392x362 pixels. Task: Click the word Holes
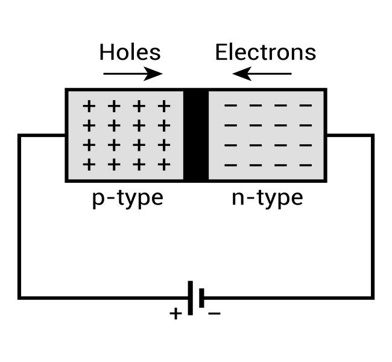(130, 52)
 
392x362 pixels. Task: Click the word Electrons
(265, 52)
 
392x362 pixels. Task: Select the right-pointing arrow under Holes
(133, 74)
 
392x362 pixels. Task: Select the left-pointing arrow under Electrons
(262, 74)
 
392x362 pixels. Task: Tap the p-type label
(127, 198)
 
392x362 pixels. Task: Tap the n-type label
(267, 198)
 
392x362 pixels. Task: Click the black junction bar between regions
(195, 136)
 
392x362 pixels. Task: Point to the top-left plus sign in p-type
(89, 106)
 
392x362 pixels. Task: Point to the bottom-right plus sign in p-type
(163, 164)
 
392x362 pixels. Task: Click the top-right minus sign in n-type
(306, 106)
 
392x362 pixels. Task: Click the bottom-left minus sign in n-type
(230, 164)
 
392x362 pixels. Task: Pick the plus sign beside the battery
(175, 314)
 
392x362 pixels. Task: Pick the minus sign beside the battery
(215, 314)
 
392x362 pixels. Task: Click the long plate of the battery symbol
(191, 297)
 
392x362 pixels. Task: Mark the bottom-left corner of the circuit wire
(20, 297)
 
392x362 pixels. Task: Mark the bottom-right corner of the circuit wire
(372, 297)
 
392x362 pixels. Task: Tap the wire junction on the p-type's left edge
(66, 136)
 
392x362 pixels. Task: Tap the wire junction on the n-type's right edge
(326, 136)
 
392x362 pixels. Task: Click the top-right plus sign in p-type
(163, 106)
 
